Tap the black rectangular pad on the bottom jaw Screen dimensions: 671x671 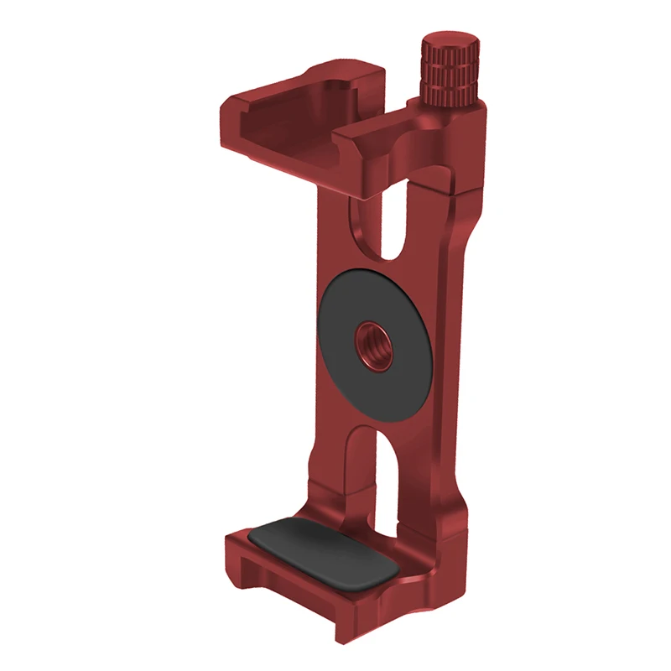tap(324, 554)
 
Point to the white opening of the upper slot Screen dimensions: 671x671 tap(395, 222)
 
